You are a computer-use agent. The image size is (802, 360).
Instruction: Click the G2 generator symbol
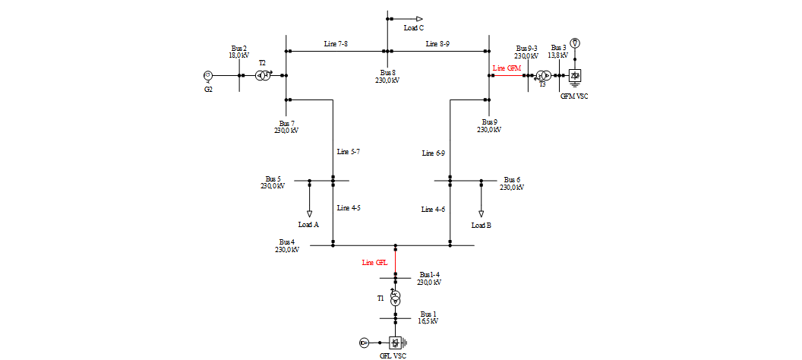click(208, 75)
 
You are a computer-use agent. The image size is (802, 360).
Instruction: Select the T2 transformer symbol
click(264, 75)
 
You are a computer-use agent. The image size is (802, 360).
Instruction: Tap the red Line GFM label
click(507, 68)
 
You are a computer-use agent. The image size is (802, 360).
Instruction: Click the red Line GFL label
click(375, 263)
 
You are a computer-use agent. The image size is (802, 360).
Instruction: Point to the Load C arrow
click(418, 18)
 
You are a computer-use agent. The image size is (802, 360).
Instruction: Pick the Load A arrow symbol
click(309, 213)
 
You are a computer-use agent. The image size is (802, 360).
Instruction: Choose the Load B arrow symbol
click(481, 213)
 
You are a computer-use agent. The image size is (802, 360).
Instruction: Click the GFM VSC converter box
click(575, 76)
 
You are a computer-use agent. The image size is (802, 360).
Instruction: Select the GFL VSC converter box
click(395, 343)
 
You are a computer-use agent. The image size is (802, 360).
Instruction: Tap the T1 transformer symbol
click(395, 297)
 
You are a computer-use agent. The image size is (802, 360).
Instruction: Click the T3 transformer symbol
click(543, 76)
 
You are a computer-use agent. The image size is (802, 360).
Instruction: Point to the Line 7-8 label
click(336, 44)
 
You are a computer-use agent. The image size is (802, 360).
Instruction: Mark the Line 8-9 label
click(437, 44)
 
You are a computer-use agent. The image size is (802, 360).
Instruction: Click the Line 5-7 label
click(349, 152)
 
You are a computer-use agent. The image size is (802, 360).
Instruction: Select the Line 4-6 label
click(434, 209)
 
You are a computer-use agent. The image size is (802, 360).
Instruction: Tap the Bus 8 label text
click(388, 73)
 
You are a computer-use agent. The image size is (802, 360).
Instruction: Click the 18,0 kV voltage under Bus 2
click(239, 55)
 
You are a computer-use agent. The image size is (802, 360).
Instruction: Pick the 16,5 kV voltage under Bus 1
click(428, 321)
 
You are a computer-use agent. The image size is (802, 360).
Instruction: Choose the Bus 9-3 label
click(526, 48)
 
